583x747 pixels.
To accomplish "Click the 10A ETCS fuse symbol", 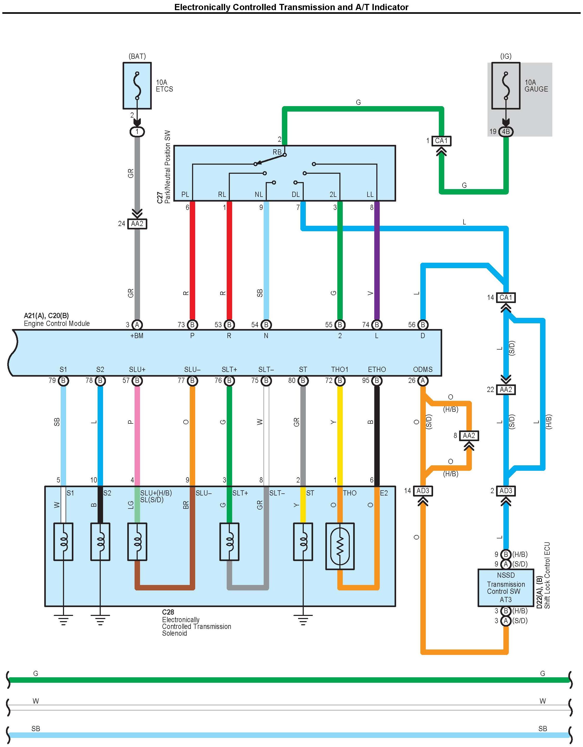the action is pos(137,86).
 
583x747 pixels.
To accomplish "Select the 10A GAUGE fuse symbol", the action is pos(506,86).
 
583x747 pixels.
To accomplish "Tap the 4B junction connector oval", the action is pos(506,132).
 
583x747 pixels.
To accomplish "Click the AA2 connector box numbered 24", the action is pos(137,224).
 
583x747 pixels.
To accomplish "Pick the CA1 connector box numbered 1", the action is pos(441,140).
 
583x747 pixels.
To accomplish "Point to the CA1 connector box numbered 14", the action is pos(506,298).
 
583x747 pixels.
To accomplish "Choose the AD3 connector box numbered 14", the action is pos(423,491).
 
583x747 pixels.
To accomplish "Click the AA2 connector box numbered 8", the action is pos(469,436).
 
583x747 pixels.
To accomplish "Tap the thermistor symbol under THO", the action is pos(340,546).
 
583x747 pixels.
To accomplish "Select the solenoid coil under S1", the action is pos(63,542).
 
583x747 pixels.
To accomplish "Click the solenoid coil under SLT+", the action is pos(229,542).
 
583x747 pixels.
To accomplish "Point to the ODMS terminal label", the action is pos(423,369).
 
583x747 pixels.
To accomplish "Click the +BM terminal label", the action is pos(137,336).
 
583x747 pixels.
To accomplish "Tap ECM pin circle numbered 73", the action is pos(192,325).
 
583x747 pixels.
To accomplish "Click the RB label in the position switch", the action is pos(277,152).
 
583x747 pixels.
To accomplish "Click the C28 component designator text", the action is pos(168,612).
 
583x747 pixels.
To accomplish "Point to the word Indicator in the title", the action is pos(390,7).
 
